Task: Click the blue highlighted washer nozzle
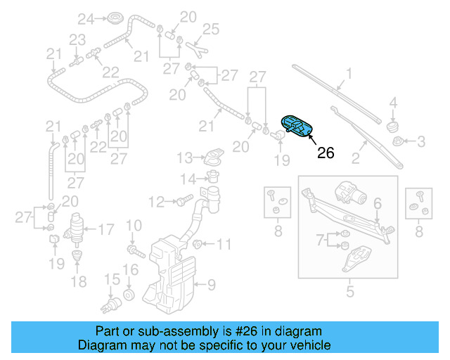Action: click(297, 127)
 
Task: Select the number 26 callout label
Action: click(326, 153)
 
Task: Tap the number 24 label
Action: click(85, 18)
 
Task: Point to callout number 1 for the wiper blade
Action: click(349, 72)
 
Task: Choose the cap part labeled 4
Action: click(394, 125)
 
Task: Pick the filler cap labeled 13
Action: click(212, 159)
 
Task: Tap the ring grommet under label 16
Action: click(129, 292)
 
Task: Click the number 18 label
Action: click(78, 282)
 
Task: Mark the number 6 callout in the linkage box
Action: click(377, 203)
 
